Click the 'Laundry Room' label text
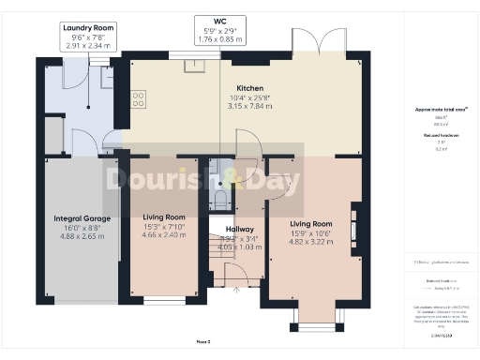point(88,29)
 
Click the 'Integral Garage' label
point(82,218)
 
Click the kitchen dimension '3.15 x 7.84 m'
point(248,106)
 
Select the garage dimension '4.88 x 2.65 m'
point(82,236)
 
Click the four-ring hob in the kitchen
point(140,97)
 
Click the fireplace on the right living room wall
point(353,228)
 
